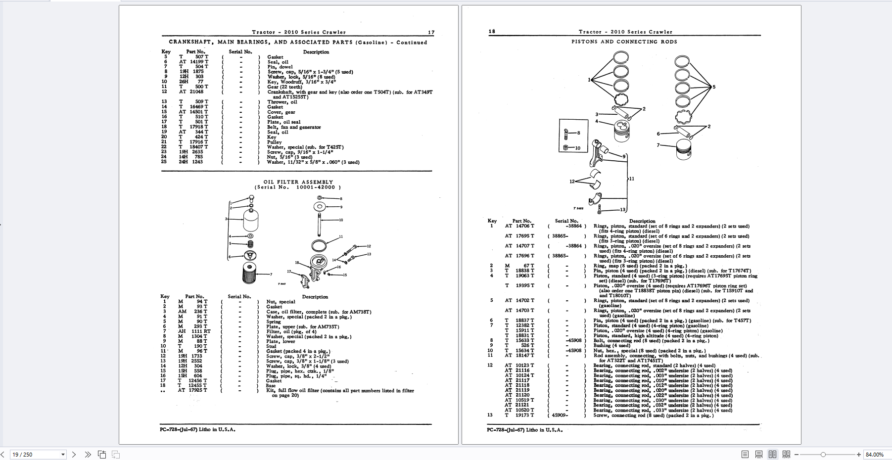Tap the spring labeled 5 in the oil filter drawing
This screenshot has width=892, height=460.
click(250, 243)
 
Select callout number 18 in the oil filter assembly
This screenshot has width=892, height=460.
click(297, 263)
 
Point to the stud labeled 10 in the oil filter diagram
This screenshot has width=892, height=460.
click(320, 220)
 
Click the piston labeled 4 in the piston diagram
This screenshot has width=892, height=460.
click(621, 132)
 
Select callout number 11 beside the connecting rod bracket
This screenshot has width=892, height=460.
click(631, 179)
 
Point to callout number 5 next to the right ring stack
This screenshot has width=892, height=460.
click(714, 87)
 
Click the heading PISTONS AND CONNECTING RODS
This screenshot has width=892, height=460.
click(624, 42)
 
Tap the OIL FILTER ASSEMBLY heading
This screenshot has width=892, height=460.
click(298, 182)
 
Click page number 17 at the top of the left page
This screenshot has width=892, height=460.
click(431, 33)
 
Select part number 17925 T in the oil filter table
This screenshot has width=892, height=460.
click(198, 390)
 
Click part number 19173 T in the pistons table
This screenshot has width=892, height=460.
click(524, 415)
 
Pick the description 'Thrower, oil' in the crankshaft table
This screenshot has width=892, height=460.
click(282, 102)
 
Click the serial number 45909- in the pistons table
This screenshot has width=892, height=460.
click(560, 415)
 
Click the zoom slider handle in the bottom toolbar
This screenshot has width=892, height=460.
click(823, 455)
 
